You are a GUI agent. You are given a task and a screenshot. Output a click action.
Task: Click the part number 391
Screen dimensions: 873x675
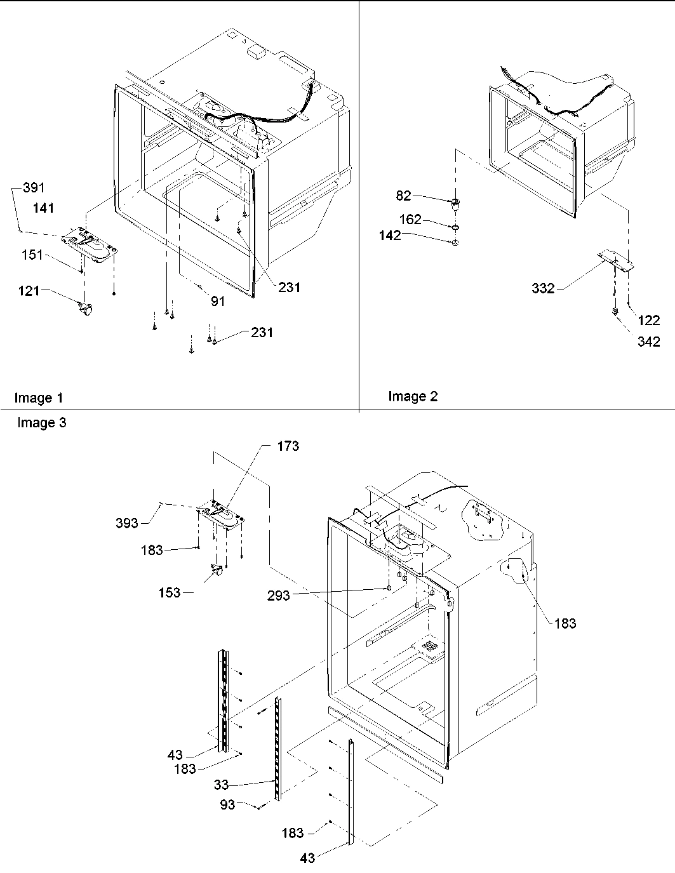click(x=34, y=188)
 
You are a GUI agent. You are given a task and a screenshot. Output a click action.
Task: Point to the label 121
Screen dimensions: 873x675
click(x=29, y=291)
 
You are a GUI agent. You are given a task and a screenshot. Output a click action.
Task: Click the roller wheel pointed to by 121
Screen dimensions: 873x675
click(x=84, y=309)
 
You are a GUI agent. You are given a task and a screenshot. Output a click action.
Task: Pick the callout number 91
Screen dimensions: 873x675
click(x=218, y=302)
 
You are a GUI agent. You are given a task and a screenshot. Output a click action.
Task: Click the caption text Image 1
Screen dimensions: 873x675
click(x=39, y=398)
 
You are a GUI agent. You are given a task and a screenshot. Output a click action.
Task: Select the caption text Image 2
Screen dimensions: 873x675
click(x=413, y=397)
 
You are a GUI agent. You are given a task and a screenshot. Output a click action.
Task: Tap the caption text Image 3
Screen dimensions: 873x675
click(x=41, y=423)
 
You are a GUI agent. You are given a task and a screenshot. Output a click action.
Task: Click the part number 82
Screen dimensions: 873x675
click(x=404, y=196)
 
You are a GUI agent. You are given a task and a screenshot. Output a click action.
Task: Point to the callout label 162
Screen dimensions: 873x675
click(x=410, y=220)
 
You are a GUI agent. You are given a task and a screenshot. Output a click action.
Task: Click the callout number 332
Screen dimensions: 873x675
click(x=543, y=289)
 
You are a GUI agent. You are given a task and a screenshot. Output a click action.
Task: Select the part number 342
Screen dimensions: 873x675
click(x=648, y=342)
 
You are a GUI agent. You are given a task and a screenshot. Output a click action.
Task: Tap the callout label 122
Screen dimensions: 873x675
click(x=648, y=321)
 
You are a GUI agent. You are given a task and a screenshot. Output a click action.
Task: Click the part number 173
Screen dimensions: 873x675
click(x=288, y=446)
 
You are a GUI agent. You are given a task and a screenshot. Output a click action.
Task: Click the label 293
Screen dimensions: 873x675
click(x=279, y=596)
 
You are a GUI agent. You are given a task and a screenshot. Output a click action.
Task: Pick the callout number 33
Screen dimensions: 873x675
click(x=220, y=785)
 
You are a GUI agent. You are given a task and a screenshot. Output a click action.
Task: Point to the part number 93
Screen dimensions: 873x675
click(x=227, y=804)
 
